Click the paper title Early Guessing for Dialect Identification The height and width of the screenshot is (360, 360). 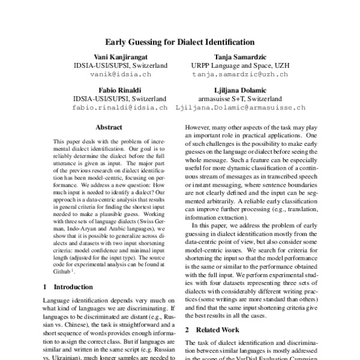pyautogui.click(x=180, y=43)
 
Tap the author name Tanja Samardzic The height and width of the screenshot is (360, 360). pyautogui.click(x=239, y=56)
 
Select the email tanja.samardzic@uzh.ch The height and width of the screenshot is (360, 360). pyautogui.click(x=239, y=75)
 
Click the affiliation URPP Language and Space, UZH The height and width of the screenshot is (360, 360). pyautogui.click(x=239, y=65)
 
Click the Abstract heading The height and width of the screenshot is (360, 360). pyautogui.click(x=109, y=127)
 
